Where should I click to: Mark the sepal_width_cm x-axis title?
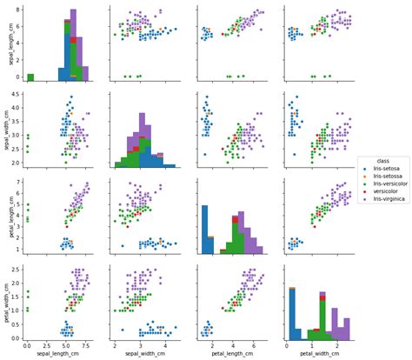pyautogui.click(x=146, y=355)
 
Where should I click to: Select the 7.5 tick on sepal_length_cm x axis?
pyautogui.click(x=78, y=346)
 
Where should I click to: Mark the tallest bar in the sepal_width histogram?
pyautogui.click(x=142, y=139)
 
